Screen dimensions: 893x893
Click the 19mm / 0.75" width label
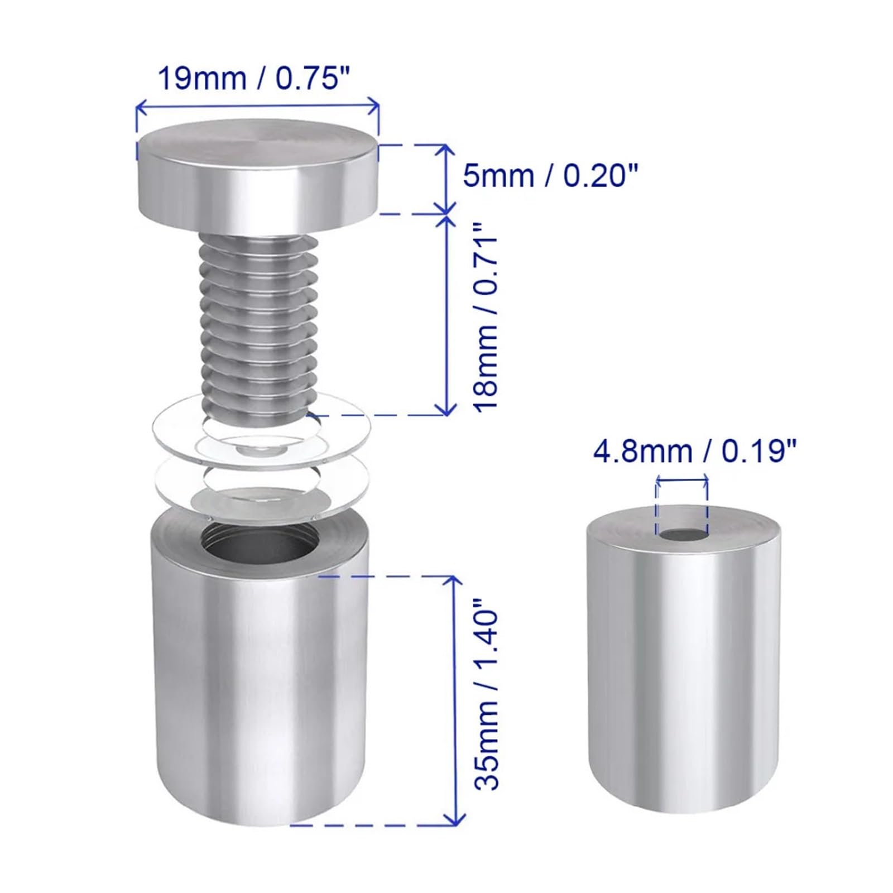pyautogui.click(x=257, y=79)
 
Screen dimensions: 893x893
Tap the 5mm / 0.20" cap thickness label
pyautogui.click(x=550, y=176)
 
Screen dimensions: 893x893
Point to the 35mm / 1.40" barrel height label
pyautogui.click(x=484, y=694)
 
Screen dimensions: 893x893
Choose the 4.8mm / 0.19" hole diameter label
pyautogui.click(x=695, y=451)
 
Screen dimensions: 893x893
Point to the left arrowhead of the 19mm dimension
pyautogui.click(x=140, y=104)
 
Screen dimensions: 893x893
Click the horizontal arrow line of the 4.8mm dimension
pyautogui.click(x=682, y=478)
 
